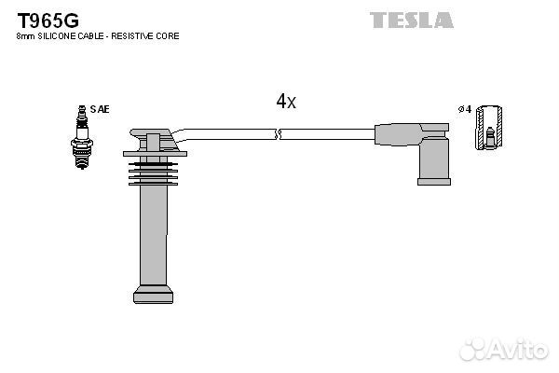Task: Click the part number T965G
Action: point(48,21)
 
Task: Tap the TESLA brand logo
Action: point(412,20)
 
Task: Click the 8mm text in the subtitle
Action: point(26,36)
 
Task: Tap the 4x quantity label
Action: point(286,102)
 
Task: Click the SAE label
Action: point(100,109)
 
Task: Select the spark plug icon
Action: point(82,137)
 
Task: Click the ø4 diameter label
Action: point(465,109)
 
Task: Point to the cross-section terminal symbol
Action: point(489,128)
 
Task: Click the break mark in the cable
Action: point(279,134)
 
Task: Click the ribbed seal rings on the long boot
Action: point(154,173)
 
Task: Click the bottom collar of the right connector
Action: point(434,182)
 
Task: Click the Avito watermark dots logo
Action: point(473,349)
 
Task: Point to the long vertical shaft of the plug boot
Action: point(154,236)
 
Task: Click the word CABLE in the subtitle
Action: point(91,36)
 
